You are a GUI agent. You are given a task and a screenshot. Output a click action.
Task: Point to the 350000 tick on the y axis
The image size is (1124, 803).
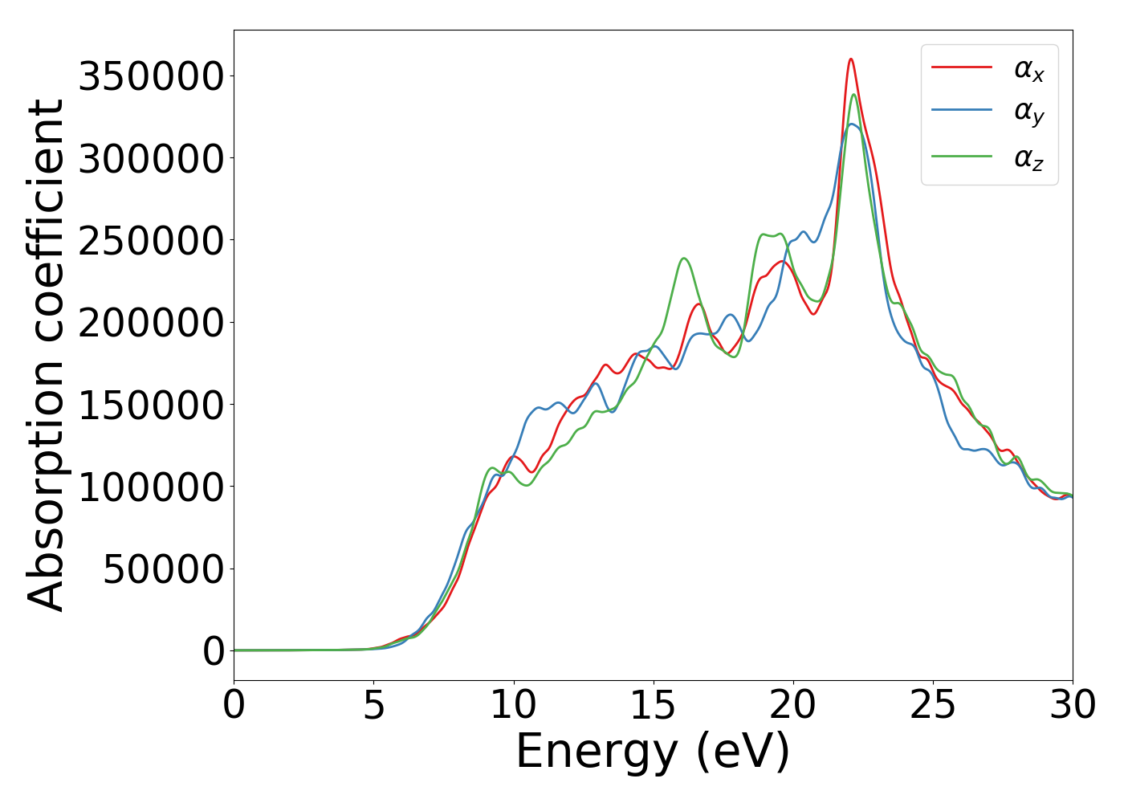pyautogui.click(x=151, y=77)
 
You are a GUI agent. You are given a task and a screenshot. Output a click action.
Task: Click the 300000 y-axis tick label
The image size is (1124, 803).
pyautogui.click(x=151, y=159)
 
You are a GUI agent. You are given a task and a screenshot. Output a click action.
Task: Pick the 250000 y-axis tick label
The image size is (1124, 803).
pyautogui.click(x=151, y=241)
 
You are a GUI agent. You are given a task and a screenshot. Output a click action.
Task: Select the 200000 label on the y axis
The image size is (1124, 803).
pyautogui.click(x=151, y=323)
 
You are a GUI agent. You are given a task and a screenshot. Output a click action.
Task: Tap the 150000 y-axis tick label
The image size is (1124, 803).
pyautogui.click(x=151, y=405)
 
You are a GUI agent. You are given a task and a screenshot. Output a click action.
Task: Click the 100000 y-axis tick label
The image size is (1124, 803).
pyautogui.click(x=151, y=487)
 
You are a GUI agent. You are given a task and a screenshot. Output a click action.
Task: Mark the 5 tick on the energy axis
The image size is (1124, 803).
pyautogui.click(x=374, y=705)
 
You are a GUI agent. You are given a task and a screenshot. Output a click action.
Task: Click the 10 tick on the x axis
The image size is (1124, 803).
pyautogui.click(x=514, y=705)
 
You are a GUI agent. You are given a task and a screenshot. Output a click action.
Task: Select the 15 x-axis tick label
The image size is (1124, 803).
pyautogui.click(x=654, y=705)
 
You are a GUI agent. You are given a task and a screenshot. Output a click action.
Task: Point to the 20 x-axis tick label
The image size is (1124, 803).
pyautogui.click(x=793, y=705)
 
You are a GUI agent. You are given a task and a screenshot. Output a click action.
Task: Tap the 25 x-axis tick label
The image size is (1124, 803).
pyautogui.click(x=933, y=705)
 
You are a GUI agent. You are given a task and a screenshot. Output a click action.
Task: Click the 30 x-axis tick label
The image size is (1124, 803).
pyautogui.click(x=1073, y=705)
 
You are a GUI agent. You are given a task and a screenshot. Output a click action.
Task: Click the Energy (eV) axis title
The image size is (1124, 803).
pyautogui.click(x=653, y=752)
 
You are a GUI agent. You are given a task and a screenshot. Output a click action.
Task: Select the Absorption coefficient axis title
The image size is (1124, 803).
pyautogui.click(x=46, y=355)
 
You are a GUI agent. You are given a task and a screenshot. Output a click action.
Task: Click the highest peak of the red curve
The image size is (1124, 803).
pyautogui.click(x=851, y=59)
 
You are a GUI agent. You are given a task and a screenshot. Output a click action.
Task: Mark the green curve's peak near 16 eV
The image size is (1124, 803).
pyautogui.click(x=683, y=259)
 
